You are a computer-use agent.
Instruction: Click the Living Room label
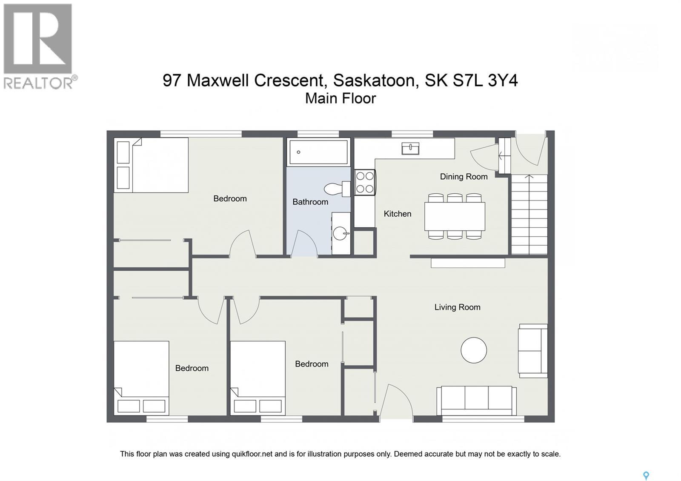coord(457,307)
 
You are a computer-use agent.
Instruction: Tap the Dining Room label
coord(464,176)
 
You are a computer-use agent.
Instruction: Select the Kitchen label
coord(397,214)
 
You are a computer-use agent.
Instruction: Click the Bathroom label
coord(310,202)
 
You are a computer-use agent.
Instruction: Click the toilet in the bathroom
coord(336,189)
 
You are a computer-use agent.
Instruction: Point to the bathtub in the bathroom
coord(318,152)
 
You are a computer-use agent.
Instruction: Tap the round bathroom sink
coord(340,233)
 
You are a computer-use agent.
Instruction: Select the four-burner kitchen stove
coord(365,182)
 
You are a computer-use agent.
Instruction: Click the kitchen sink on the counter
coord(410,148)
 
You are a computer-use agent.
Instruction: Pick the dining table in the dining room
coord(454,216)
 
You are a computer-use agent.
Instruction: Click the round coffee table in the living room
coord(473,350)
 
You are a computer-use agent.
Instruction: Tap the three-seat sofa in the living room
coord(476,400)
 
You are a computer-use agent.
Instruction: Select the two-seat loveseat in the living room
coord(532,350)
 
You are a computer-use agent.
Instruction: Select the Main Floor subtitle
coord(340,98)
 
